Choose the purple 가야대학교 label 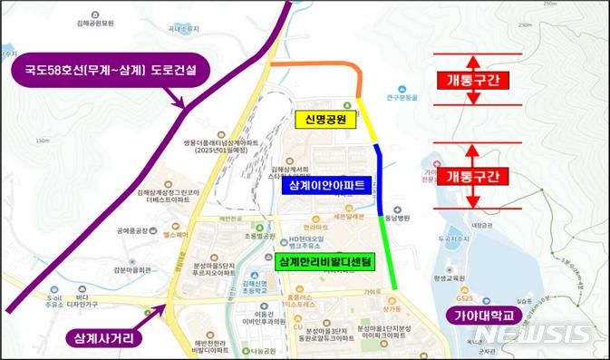point(482,316)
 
